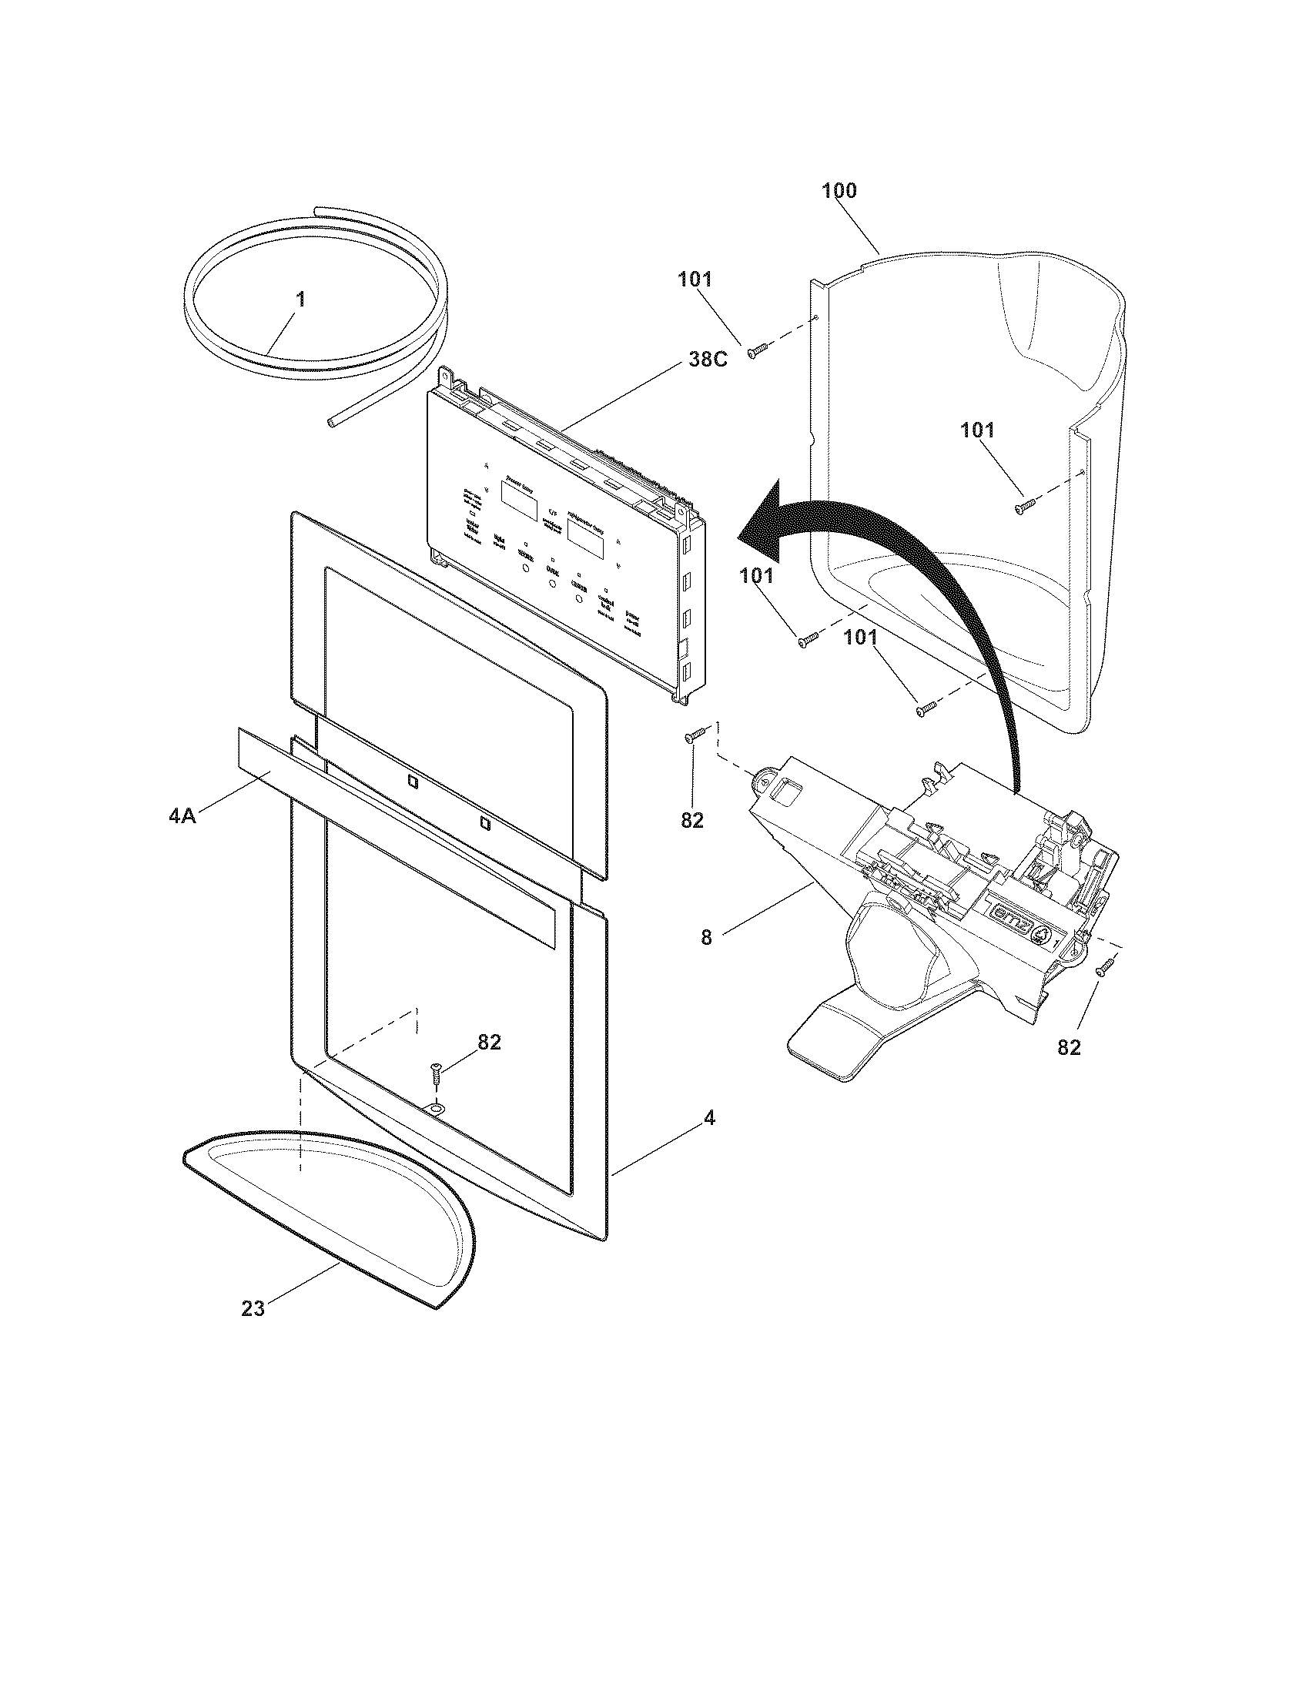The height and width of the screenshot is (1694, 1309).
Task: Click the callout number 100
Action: coord(839,191)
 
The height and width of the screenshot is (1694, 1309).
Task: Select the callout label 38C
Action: coord(705,360)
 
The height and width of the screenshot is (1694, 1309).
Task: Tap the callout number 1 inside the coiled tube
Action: coord(301,300)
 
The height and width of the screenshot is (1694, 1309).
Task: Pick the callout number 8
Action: coord(705,937)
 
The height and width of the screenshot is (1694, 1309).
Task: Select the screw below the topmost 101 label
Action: coord(756,351)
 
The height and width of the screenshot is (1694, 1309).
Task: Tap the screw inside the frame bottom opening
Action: coord(437,1077)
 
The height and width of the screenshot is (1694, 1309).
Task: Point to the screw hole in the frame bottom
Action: coord(437,1110)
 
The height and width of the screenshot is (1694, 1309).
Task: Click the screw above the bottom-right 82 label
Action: coord(1104,967)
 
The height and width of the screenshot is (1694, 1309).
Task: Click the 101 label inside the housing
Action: coord(977,430)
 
